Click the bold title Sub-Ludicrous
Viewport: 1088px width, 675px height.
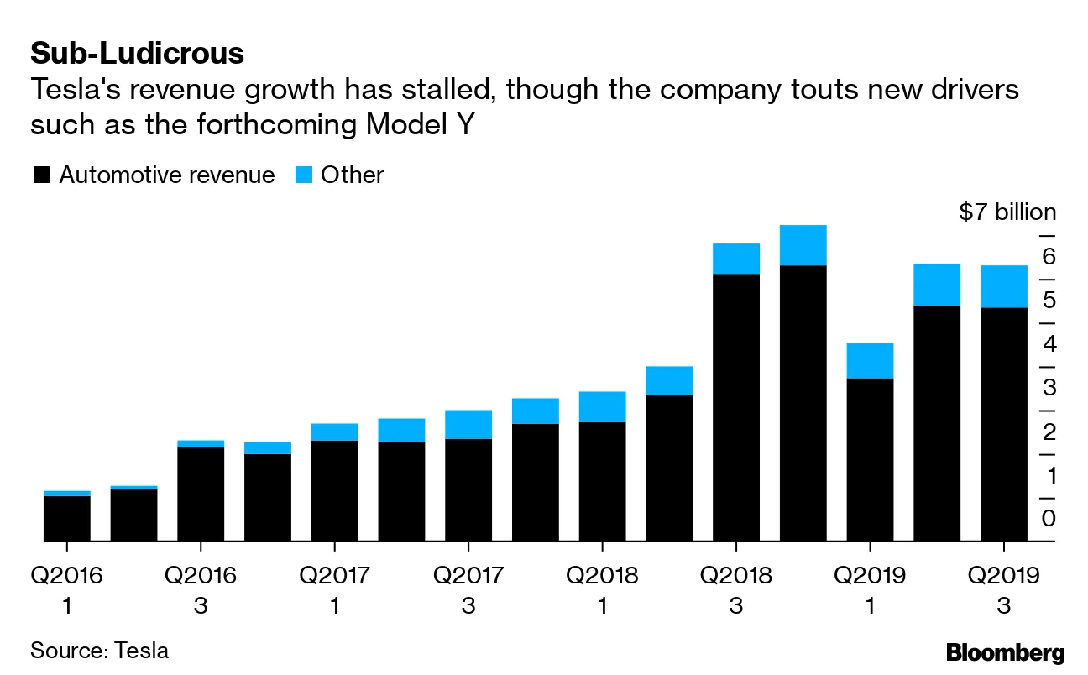tap(137, 54)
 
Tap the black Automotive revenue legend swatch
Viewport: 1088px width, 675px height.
tap(42, 175)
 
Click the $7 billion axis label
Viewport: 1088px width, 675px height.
tap(1007, 212)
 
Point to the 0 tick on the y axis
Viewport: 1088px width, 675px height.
tap(1049, 518)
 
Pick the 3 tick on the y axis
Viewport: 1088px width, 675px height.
tap(1049, 388)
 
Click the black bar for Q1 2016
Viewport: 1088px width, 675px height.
tap(66, 518)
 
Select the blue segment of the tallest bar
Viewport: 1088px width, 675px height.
tap(803, 245)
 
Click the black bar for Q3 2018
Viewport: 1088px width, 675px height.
tap(735, 407)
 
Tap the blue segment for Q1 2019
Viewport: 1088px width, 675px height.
tap(870, 360)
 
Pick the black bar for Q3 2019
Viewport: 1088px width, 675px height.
tap(1003, 424)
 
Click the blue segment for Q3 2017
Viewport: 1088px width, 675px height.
tap(468, 424)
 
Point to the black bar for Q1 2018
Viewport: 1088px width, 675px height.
tap(602, 481)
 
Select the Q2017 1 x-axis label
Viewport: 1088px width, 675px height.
tap(334, 589)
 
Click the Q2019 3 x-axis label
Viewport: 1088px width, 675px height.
tap(1003, 589)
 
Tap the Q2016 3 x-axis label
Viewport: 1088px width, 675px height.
tap(200, 589)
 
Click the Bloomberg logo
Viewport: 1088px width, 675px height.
tap(1005, 652)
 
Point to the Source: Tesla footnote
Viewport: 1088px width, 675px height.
tap(99, 650)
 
